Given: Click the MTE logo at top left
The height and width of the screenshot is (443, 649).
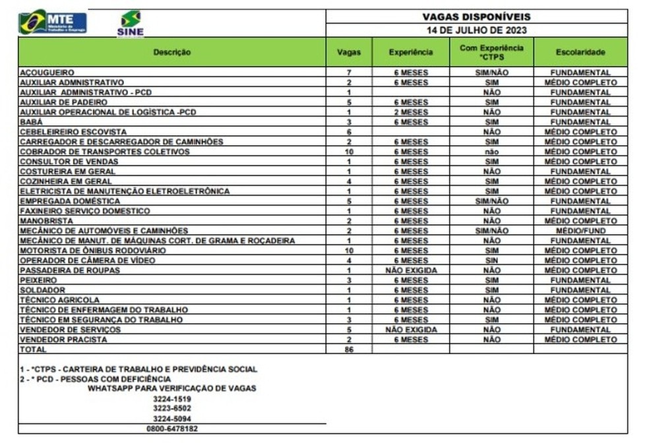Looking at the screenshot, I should [x=52, y=23].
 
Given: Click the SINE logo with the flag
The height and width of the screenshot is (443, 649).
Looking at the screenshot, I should [x=130, y=23].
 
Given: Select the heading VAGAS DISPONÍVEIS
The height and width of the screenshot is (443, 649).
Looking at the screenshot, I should [x=476, y=17].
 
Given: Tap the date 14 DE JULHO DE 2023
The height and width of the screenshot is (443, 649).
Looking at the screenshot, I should [x=476, y=30].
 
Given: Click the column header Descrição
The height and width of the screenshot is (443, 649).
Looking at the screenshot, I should [x=172, y=51].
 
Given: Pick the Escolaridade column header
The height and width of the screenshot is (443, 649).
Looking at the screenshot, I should [x=580, y=51].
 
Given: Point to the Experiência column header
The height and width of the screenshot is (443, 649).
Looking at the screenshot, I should [x=410, y=51].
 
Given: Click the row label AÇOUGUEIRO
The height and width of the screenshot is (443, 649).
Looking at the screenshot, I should [x=46, y=73].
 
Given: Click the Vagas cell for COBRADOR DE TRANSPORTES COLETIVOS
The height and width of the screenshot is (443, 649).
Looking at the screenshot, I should [x=349, y=152].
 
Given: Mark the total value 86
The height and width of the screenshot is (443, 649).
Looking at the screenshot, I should [x=349, y=349].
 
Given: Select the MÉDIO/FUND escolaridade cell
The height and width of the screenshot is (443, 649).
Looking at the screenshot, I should [x=580, y=231].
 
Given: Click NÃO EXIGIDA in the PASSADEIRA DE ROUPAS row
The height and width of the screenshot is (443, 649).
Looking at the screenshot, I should [x=410, y=270].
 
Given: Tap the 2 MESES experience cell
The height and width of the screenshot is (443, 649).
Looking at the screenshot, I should [x=410, y=112].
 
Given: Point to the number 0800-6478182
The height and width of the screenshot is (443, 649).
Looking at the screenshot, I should [x=171, y=428].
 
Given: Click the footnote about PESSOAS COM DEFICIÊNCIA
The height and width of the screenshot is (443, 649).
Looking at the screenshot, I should [x=96, y=379].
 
